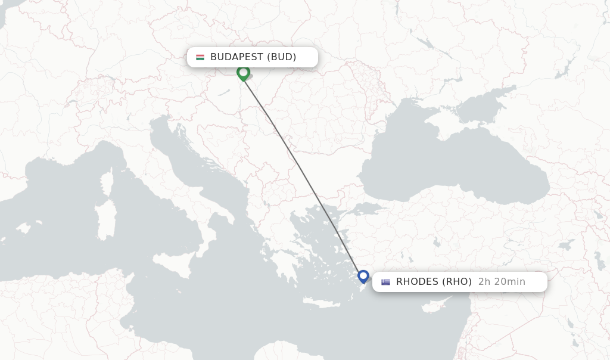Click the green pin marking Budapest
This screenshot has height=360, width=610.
(x=243, y=73)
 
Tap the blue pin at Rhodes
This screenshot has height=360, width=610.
(x=363, y=277)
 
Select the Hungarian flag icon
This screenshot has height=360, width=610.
(x=200, y=57)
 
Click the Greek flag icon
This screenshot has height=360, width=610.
(x=386, y=282)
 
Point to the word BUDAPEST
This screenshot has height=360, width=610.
(x=236, y=57)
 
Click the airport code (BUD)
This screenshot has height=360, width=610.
(x=281, y=57)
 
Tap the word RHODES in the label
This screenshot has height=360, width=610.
(x=417, y=282)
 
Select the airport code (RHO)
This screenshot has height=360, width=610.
(x=456, y=282)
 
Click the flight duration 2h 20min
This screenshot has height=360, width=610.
(x=502, y=282)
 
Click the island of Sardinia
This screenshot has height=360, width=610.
(x=106, y=221)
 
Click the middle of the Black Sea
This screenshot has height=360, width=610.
(x=453, y=161)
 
